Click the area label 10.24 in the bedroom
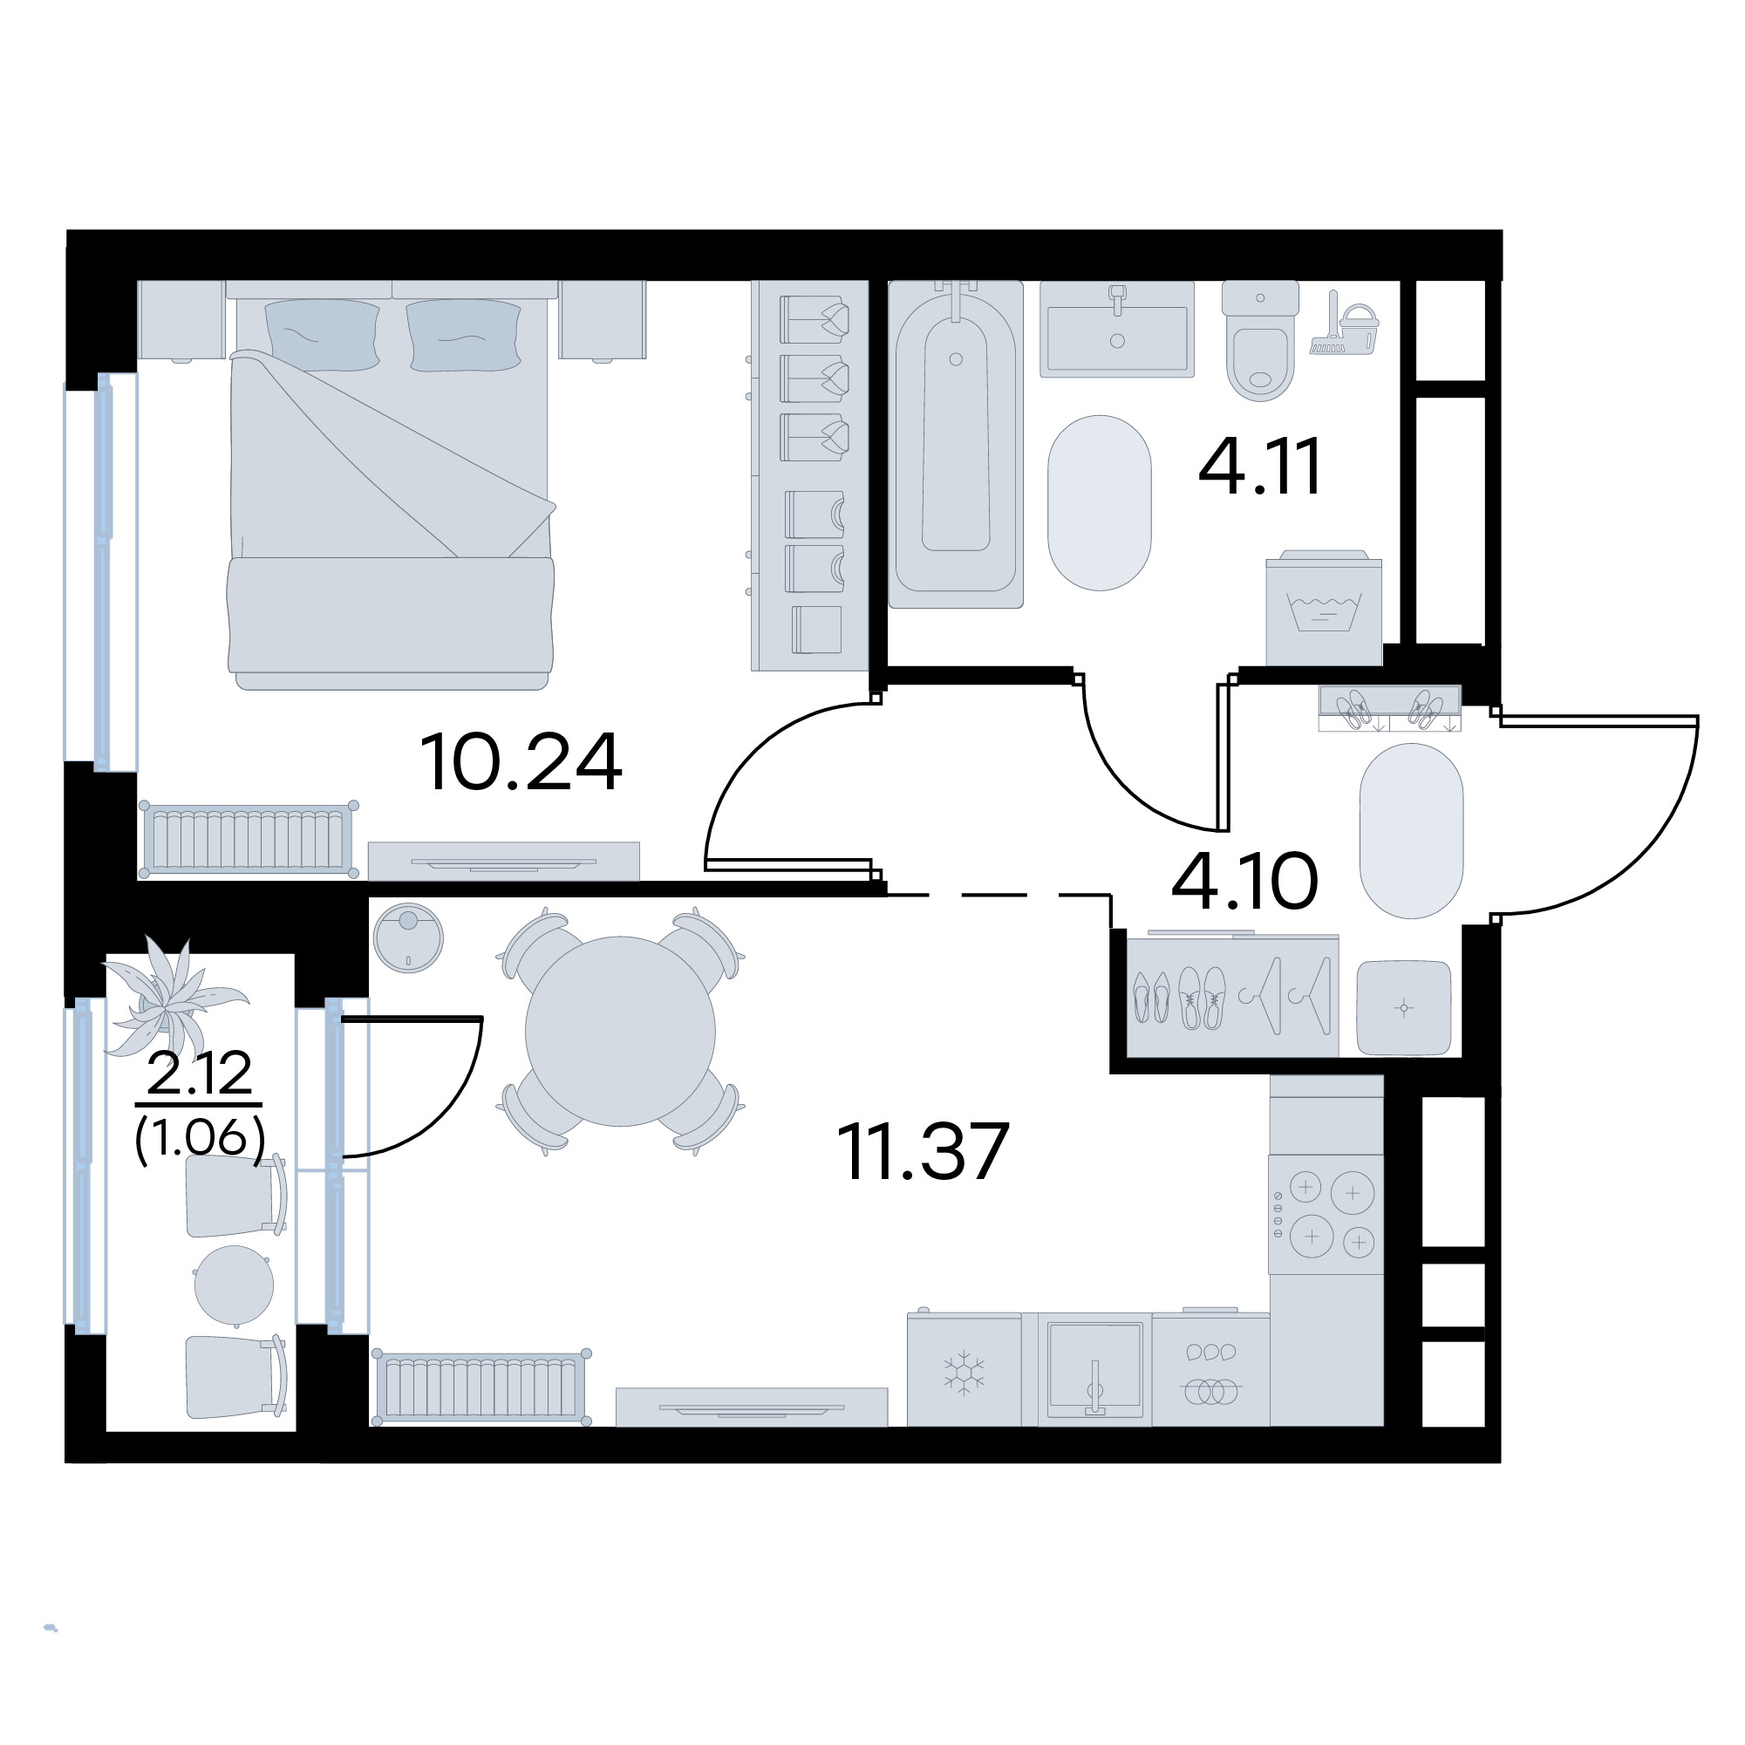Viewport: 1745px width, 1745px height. tap(521, 762)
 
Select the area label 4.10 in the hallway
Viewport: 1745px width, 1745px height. tap(1244, 881)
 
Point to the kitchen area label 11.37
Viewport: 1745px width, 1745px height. tap(922, 1152)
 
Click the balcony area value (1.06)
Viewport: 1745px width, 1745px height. tap(200, 1138)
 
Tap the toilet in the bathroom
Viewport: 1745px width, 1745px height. tap(1260, 340)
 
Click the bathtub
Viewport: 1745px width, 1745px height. tap(956, 444)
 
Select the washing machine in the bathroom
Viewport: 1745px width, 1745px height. tap(1324, 608)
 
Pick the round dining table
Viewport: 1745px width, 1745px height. tap(621, 1032)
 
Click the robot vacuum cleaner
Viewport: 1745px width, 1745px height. tap(408, 939)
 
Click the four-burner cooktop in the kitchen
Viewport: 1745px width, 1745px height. tap(1326, 1214)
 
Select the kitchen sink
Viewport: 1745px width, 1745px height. tap(1094, 1369)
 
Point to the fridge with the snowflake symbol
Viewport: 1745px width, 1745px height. tap(964, 1369)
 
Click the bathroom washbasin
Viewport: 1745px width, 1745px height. tap(1117, 329)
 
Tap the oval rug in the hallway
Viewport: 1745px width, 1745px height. tap(1411, 831)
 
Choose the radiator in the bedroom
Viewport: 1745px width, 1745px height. tap(249, 840)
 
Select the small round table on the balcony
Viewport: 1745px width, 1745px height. tap(234, 1285)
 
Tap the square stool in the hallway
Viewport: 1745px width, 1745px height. tap(1404, 1007)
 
